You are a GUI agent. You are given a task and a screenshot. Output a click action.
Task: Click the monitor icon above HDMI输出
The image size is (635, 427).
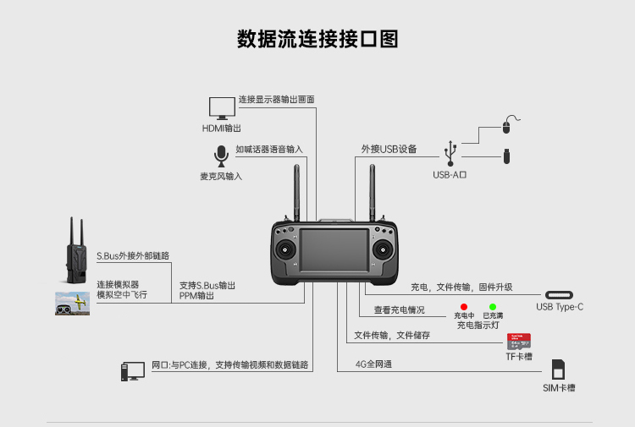(223, 107)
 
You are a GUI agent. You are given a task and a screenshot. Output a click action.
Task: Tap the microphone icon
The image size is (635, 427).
(221, 156)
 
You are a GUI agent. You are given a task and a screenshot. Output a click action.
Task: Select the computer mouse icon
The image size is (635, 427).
(506, 126)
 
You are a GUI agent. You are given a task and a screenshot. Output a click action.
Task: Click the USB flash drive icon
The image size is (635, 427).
(506, 156)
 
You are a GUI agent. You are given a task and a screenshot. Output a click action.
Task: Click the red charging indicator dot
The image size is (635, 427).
(464, 306)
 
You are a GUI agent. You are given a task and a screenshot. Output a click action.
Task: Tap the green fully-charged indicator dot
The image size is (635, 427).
(492, 306)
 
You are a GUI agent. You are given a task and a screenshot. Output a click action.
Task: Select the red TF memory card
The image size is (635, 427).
(518, 342)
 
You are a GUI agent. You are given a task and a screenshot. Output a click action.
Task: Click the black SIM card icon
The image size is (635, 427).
(558, 370)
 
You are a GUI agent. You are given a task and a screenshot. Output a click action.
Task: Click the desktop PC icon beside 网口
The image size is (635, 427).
(133, 371)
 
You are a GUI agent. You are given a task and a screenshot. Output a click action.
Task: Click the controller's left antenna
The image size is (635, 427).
(299, 193)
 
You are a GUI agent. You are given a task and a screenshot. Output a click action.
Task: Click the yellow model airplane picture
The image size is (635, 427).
(73, 304)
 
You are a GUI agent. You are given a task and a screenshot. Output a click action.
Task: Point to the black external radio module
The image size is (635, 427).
(78, 258)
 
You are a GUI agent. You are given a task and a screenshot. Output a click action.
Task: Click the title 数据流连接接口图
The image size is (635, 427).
(317, 40)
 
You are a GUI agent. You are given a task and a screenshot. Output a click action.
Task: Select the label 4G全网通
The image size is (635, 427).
(373, 364)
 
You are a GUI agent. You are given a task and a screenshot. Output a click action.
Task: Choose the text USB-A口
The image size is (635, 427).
(450, 175)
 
